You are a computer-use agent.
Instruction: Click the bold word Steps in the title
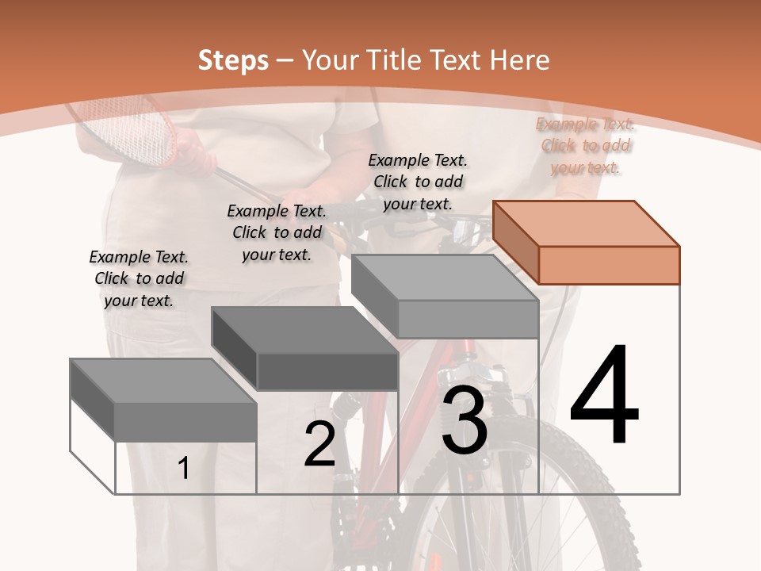coord(233,60)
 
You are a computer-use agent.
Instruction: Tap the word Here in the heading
coord(519,60)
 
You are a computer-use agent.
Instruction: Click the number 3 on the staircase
coord(465,420)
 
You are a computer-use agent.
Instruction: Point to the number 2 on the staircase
coord(319,443)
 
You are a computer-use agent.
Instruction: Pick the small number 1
coord(183,468)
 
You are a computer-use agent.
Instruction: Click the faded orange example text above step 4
coord(585,146)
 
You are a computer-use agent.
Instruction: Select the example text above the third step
coord(418,182)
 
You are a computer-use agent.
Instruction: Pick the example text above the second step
coord(277,232)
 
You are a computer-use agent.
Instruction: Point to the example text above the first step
coord(139,278)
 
